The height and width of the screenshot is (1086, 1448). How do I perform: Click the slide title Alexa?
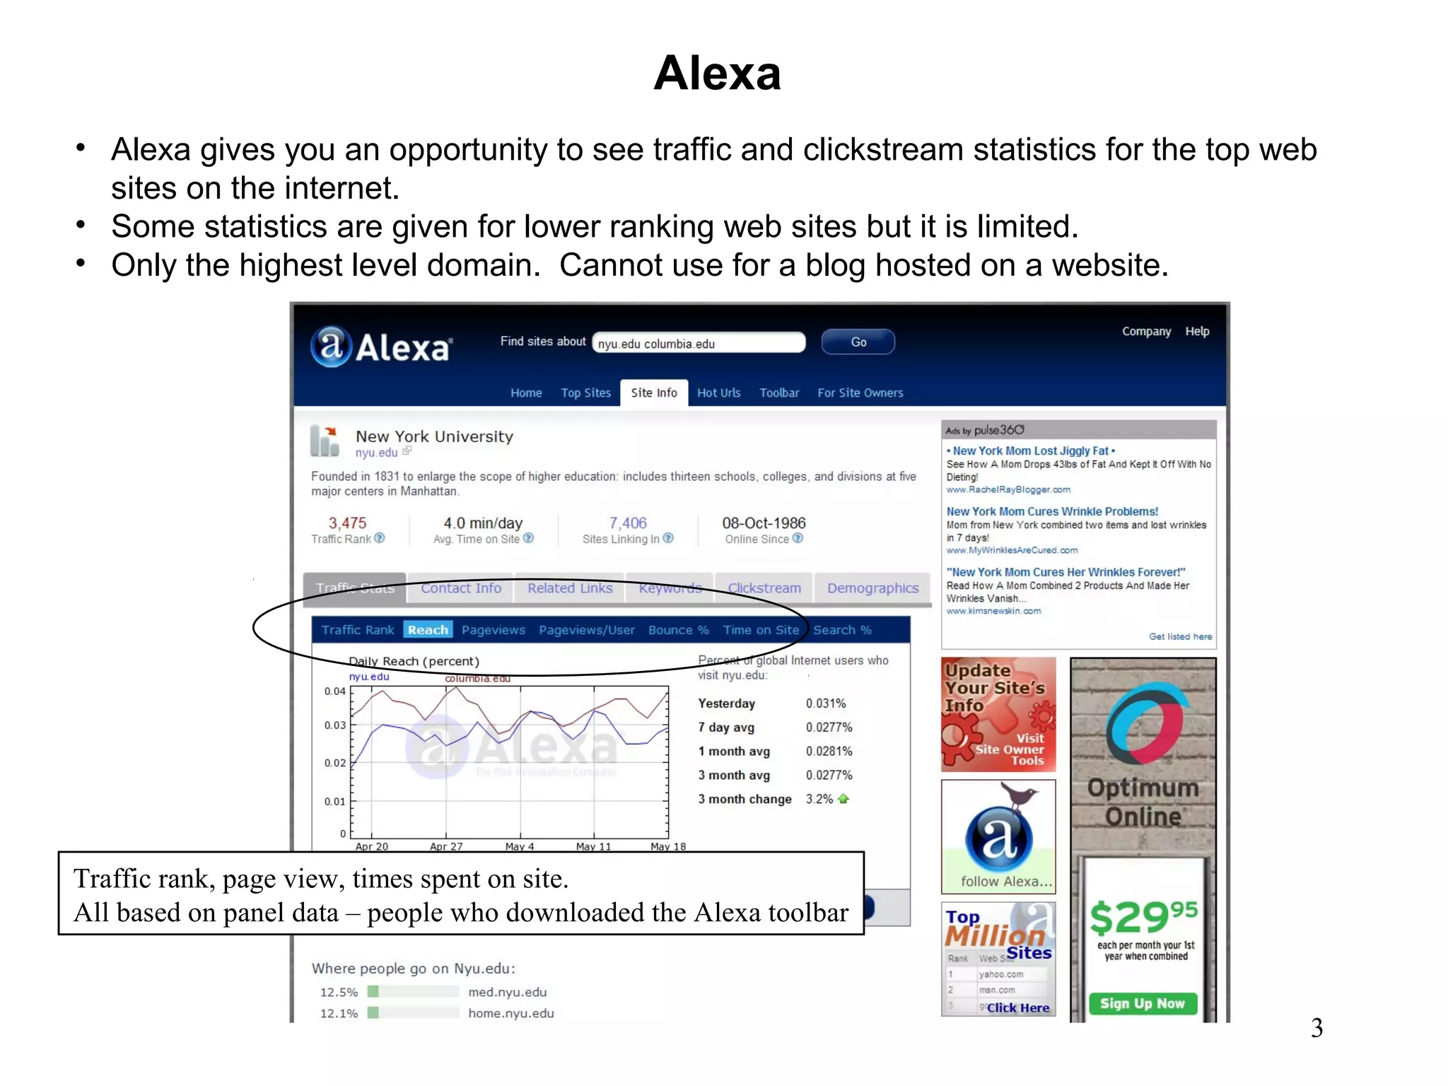click(716, 73)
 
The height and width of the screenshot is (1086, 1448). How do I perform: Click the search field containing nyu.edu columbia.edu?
click(699, 343)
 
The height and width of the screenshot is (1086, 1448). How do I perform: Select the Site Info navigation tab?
click(653, 392)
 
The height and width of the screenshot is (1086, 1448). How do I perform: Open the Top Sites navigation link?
click(585, 392)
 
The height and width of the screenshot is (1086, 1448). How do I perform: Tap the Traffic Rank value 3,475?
click(347, 523)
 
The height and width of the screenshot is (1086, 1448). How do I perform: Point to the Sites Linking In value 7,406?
click(628, 523)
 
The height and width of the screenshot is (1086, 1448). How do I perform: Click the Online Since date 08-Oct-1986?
click(764, 523)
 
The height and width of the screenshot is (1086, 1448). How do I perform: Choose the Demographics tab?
click(872, 588)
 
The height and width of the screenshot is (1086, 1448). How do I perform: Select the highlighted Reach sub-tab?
click(428, 630)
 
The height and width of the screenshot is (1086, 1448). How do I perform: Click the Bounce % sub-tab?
click(678, 630)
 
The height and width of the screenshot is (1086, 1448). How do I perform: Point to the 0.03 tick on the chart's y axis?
click(335, 725)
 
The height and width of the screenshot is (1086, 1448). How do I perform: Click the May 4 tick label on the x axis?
click(520, 846)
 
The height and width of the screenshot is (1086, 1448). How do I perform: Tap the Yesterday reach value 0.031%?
click(826, 703)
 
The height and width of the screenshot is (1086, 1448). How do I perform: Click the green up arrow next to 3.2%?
click(843, 799)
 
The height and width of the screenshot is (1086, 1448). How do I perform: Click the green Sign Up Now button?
click(1143, 1003)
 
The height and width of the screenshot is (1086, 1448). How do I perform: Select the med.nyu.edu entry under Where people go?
click(507, 992)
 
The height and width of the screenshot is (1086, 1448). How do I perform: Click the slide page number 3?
click(1316, 1027)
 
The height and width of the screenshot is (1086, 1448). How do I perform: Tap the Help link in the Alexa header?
click(1197, 331)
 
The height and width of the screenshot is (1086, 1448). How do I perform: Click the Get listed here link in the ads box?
click(1180, 636)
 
